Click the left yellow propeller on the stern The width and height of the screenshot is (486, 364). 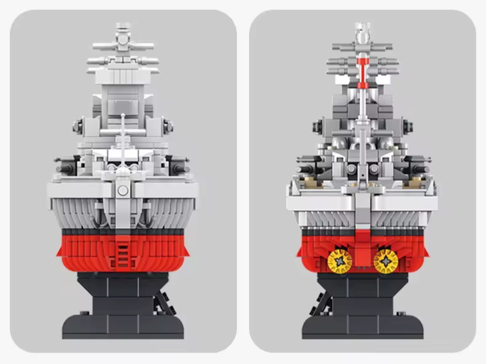click(340, 261)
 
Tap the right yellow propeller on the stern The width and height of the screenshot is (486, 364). click(386, 261)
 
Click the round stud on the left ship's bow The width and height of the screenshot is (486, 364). click(123, 190)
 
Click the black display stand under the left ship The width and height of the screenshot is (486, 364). click(123, 307)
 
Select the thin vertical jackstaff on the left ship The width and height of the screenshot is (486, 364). click(123, 138)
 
